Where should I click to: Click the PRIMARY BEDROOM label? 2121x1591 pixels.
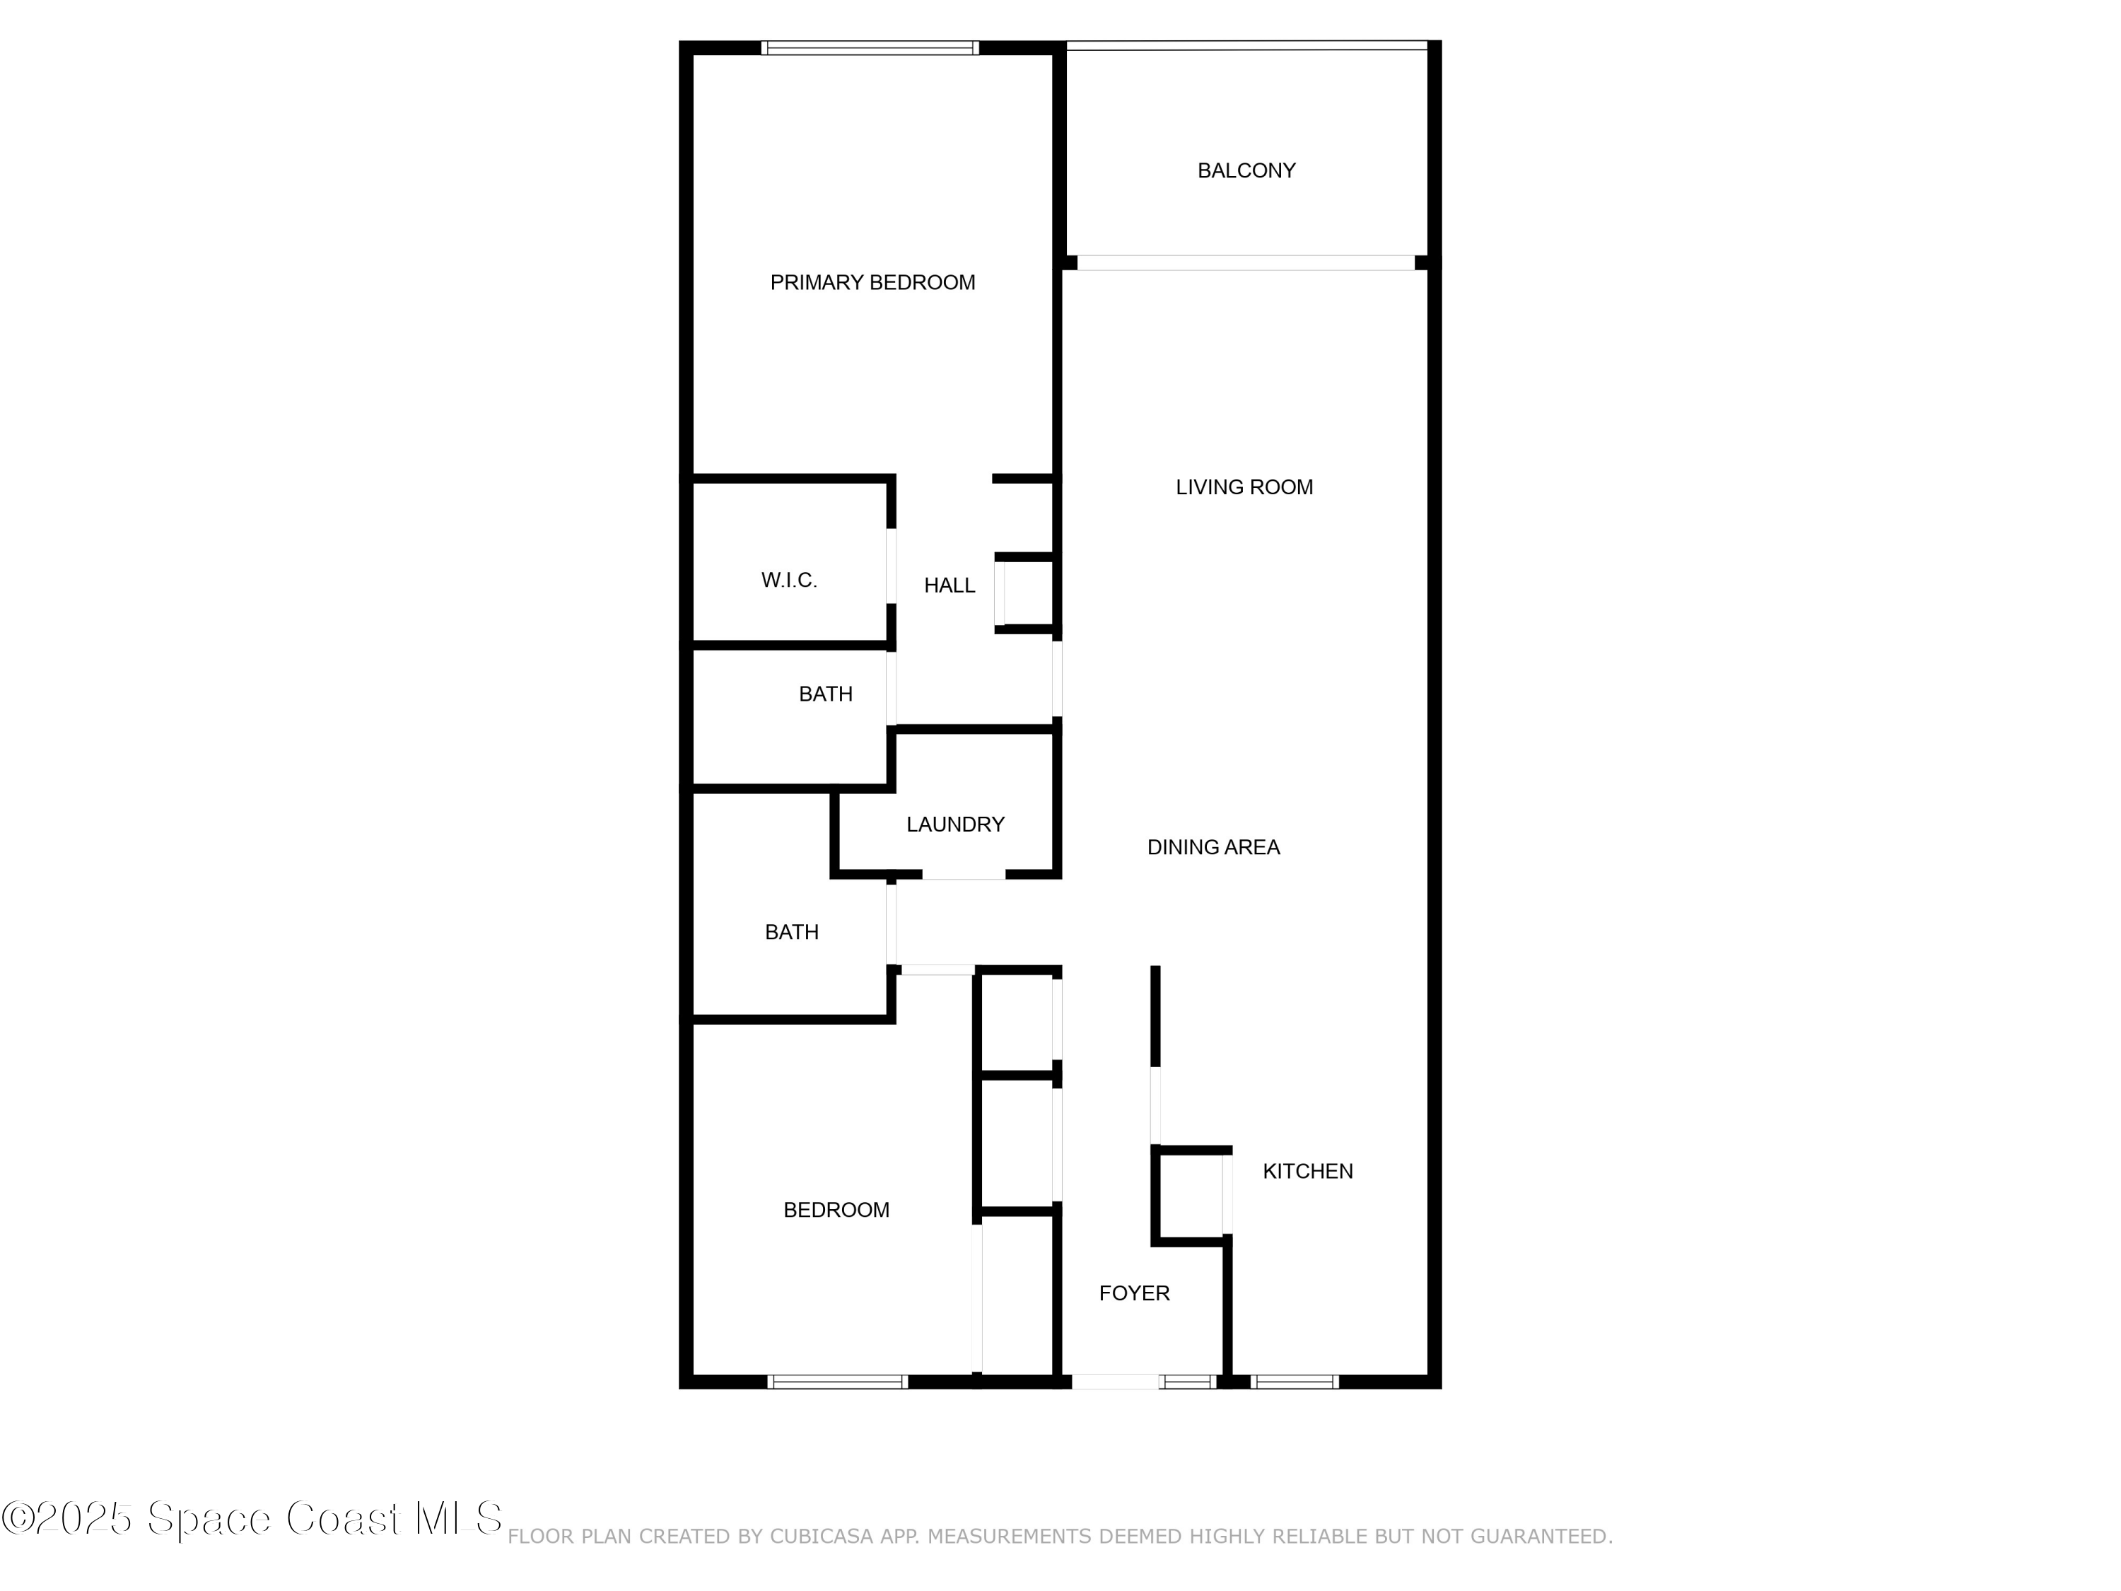(x=872, y=283)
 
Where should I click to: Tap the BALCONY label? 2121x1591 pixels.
(x=1246, y=170)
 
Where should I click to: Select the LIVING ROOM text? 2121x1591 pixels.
(x=1244, y=487)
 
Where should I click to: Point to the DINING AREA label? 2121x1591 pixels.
(x=1214, y=847)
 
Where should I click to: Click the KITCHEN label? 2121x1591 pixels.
(x=1308, y=1171)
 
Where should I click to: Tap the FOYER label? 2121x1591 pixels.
(x=1134, y=1293)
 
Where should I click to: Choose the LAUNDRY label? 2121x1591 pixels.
(x=955, y=824)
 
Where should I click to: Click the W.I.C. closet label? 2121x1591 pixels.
(x=789, y=581)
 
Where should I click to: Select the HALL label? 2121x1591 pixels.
(x=950, y=585)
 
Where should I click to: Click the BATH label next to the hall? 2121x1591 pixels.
(x=826, y=694)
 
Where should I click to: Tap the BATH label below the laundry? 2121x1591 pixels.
(x=792, y=932)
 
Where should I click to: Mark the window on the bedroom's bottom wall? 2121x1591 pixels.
(x=837, y=1382)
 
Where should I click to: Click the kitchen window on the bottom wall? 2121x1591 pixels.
(x=1295, y=1382)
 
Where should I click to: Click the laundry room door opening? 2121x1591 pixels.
(x=964, y=875)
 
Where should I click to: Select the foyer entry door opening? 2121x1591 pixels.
(x=1115, y=1382)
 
